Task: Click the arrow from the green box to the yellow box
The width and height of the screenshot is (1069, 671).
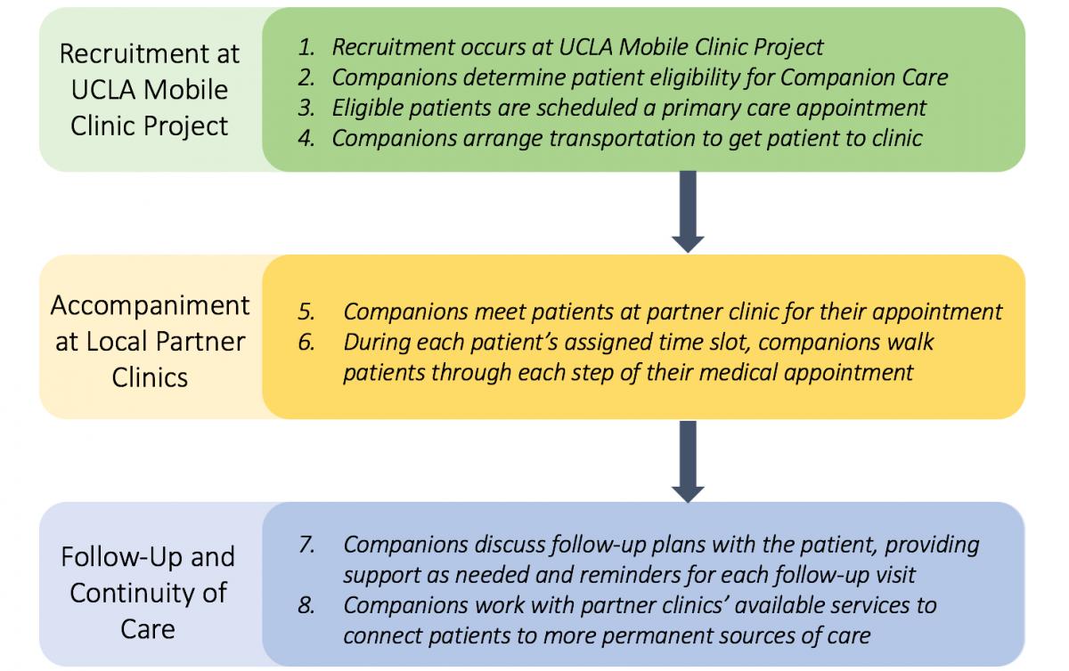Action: pos(688,212)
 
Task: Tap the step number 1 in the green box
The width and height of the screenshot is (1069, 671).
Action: pos(306,48)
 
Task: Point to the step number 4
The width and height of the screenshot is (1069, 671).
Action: pos(306,138)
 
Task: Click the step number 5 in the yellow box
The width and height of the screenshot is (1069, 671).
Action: pos(306,312)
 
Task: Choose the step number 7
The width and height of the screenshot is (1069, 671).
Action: pos(306,545)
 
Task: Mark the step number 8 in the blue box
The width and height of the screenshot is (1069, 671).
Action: pos(306,606)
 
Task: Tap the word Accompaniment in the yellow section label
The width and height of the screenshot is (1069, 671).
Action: pos(150,305)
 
